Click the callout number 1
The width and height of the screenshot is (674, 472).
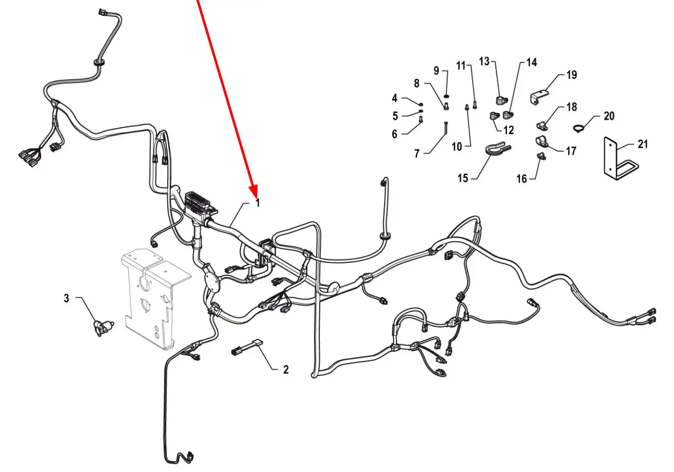(257, 203)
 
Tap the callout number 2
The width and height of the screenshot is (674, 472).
(286, 369)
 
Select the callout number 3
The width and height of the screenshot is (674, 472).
(66, 298)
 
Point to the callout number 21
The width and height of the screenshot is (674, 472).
(643, 144)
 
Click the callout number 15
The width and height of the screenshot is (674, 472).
(463, 178)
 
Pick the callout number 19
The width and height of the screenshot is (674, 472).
(572, 75)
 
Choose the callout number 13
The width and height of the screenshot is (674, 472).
(484, 61)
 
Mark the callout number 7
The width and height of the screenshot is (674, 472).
(417, 154)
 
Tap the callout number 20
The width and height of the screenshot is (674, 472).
(609, 116)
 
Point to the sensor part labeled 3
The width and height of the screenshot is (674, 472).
(102, 328)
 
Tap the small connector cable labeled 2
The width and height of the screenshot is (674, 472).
(247, 347)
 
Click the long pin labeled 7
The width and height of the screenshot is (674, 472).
(446, 128)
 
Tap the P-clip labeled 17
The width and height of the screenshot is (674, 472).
(542, 141)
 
